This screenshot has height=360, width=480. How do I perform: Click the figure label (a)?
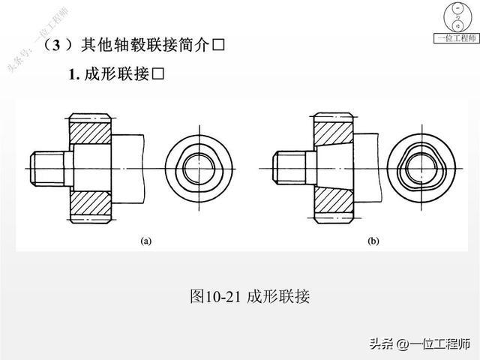coord(146,241)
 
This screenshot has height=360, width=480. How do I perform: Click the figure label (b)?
coord(373,241)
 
